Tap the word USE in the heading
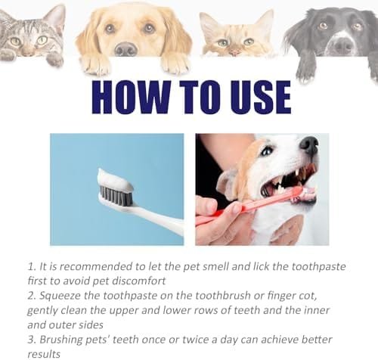[260, 98]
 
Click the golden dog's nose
[126, 49]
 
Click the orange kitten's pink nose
[235, 52]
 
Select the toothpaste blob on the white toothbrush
[115, 179]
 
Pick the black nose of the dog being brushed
[310, 145]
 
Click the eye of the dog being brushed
[266, 151]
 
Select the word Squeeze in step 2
[60, 296]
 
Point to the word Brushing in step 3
[61, 340]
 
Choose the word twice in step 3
[195, 340]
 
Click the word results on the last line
[44, 354]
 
